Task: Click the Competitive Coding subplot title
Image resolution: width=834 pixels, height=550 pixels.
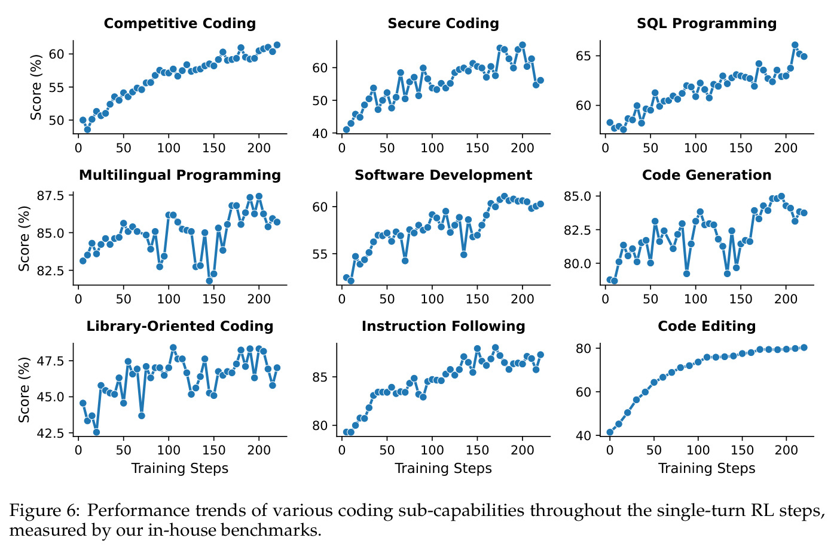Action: coord(180,23)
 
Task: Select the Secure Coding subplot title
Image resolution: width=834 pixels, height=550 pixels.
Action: coord(443,23)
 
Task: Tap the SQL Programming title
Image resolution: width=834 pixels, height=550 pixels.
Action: coord(707,23)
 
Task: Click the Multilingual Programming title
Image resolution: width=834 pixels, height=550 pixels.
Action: coord(180,175)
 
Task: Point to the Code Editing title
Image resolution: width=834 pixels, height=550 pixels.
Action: coord(707,326)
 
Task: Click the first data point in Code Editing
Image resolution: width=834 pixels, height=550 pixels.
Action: coord(609,432)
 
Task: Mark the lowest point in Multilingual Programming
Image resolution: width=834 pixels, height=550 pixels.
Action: coord(209,281)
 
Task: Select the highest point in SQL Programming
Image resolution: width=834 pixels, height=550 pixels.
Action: coord(795,45)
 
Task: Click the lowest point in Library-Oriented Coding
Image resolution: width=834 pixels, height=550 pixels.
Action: coord(96,432)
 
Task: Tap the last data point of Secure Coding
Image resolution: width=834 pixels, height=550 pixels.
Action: coord(540,81)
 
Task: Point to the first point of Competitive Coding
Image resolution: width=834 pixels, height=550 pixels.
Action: coord(83,120)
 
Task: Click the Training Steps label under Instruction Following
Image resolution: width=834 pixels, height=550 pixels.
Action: coord(443,468)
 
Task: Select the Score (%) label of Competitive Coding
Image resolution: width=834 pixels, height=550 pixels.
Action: coord(36,87)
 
